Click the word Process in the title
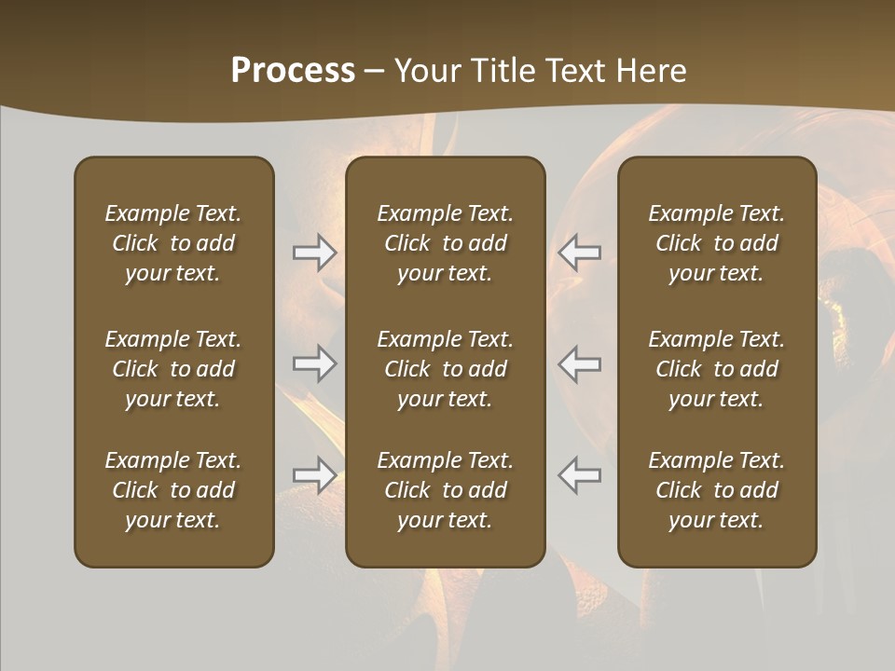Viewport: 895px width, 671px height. (x=293, y=70)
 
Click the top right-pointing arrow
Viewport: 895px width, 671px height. (x=315, y=252)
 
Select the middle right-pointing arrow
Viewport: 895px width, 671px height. (x=315, y=363)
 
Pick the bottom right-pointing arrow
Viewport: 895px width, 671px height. (x=315, y=474)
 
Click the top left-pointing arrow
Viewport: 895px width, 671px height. (x=580, y=252)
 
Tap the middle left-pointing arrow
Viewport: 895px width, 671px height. (x=580, y=363)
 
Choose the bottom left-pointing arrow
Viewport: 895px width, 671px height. (x=580, y=474)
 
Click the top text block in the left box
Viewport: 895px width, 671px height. (x=173, y=243)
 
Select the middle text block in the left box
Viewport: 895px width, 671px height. (x=173, y=369)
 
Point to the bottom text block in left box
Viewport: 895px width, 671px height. (x=173, y=490)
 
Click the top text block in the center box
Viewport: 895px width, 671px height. (x=445, y=243)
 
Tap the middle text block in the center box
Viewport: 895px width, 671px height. (x=445, y=369)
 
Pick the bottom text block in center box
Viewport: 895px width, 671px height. (x=445, y=490)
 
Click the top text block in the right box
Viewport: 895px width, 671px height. (x=716, y=243)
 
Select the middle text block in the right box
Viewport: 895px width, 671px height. (x=716, y=369)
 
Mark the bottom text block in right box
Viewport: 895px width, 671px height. (x=716, y=490)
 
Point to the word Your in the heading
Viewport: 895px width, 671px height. (x=424, y=70)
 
